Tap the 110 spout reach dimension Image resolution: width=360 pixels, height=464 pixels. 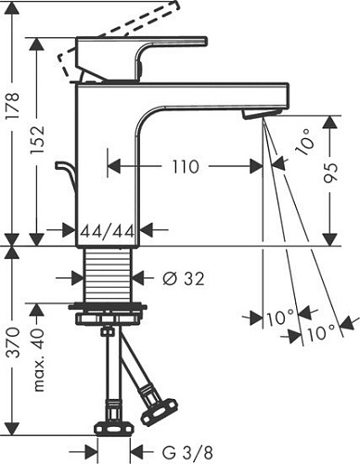185,167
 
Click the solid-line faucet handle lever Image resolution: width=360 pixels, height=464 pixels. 139,56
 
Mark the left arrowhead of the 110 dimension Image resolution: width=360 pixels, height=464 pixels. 113,167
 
